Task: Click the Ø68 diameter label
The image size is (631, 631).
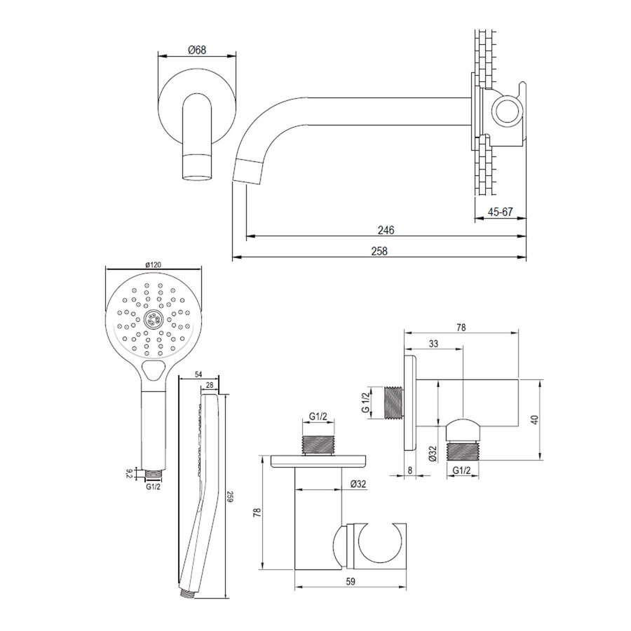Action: [197, 50]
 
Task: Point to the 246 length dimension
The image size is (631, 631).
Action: [386, 230]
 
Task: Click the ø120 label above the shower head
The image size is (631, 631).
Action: [154, 264]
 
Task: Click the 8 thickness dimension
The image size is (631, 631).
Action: [409, 471]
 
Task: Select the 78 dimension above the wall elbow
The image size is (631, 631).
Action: [462, 327]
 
